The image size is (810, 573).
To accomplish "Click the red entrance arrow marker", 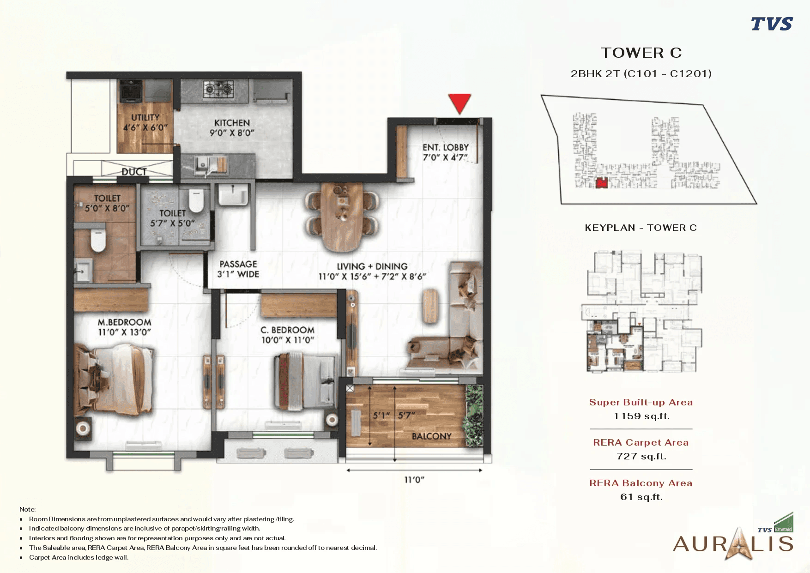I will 459,103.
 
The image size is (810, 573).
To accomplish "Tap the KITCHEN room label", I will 232,123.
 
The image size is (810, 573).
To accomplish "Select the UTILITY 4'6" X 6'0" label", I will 145,122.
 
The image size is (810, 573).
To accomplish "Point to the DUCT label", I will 134,172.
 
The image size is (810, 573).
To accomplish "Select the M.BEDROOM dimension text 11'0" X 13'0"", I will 124,332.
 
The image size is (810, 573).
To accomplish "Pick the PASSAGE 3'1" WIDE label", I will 238,269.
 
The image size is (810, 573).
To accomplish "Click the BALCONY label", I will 431,436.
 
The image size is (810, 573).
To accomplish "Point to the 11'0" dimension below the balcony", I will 414,480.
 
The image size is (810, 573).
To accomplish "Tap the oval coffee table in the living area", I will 430,306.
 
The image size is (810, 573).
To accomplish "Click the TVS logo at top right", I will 772,24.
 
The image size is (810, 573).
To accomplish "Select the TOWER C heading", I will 641,53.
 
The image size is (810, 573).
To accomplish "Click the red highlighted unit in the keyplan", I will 601,183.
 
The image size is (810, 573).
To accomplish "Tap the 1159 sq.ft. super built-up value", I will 641,416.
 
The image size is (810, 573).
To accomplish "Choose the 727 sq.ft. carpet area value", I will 641,456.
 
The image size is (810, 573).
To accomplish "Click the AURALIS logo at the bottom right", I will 733,543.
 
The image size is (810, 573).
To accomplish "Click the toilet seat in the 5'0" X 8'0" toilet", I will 98,241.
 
